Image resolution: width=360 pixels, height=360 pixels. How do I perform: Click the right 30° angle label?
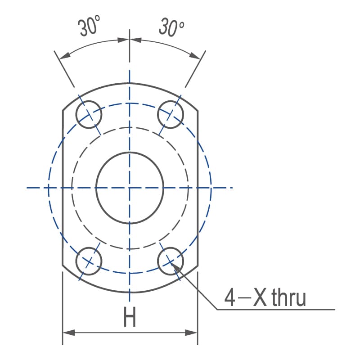pyautogui.click(x=171, y=27)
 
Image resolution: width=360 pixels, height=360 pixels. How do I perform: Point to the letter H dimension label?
pyautogui.click(x=130, y=317)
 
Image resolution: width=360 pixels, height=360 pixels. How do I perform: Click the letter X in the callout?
pyautogui.click(x=261, y=298)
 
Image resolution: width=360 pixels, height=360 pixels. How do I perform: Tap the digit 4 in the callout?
pyautogui.click(x=229, y=298)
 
